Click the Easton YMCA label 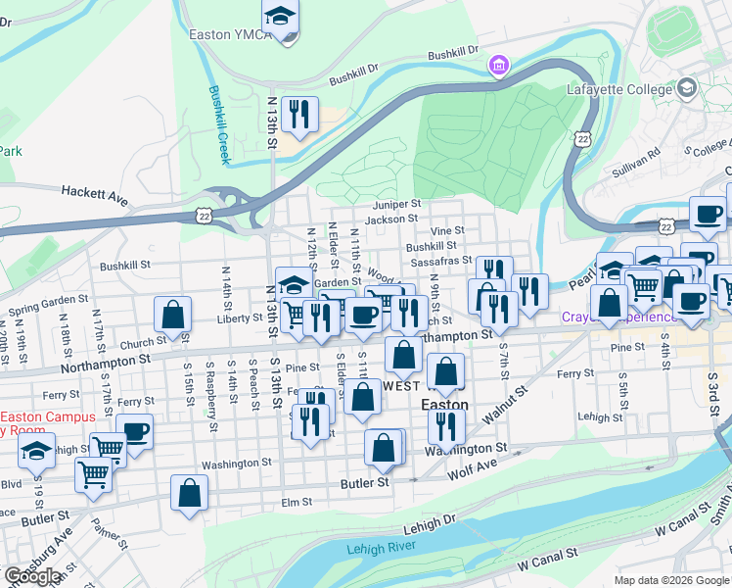224,33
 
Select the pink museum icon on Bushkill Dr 499,66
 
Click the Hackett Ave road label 95,194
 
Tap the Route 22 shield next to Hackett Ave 204,214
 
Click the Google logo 33,576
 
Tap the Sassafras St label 440,262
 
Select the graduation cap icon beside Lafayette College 687,89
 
